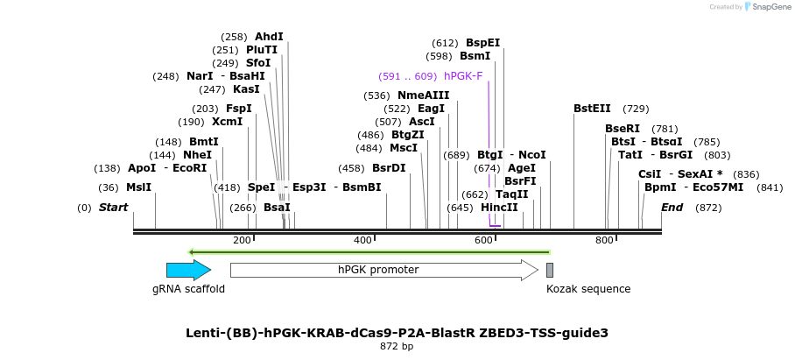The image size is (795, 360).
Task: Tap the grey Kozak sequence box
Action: point(550,270)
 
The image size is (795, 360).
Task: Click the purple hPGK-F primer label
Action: point(463,76)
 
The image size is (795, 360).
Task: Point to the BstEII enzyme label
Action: point(593,109)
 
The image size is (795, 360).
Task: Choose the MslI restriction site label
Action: point(138,187)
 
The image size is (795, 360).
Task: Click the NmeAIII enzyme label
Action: point(423,95)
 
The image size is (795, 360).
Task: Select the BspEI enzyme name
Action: point(482,43)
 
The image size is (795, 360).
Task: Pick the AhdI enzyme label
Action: point(270,37)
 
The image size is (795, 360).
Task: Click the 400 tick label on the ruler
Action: point(362,240)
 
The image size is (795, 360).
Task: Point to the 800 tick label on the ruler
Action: point(604,240)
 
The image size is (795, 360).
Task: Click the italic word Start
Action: point(113,208)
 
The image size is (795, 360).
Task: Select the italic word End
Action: point(672,208)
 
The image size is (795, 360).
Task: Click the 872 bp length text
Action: point(397,347)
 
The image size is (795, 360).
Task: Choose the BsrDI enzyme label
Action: point(389,168)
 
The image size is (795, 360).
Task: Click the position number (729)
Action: point(636,109)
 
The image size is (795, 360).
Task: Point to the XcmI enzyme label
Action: point(227,122)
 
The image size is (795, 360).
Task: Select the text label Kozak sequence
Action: point(588,289)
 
